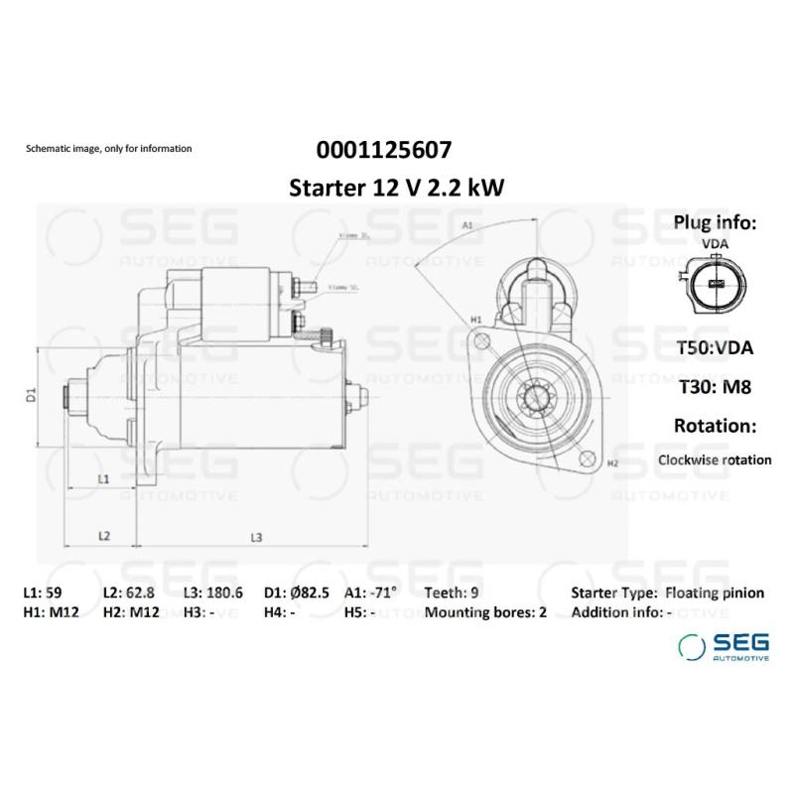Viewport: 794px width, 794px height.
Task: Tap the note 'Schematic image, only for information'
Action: (x=108, y=148)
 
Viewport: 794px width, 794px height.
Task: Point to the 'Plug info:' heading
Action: (x=715, y=221)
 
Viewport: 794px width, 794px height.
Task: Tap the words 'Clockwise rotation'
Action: (x=715, y=460)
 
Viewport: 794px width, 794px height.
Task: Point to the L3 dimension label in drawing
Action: (x=256, y=537)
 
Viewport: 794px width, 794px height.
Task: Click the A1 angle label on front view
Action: (x=467, y=226)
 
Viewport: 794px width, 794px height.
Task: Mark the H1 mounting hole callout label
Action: (x=475, y=319)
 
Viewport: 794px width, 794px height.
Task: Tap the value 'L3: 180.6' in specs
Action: (x=212, y=593)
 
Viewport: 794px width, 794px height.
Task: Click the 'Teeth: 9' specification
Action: (x=453, y=593)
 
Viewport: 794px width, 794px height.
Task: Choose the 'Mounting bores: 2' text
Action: (x=485, y=612)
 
